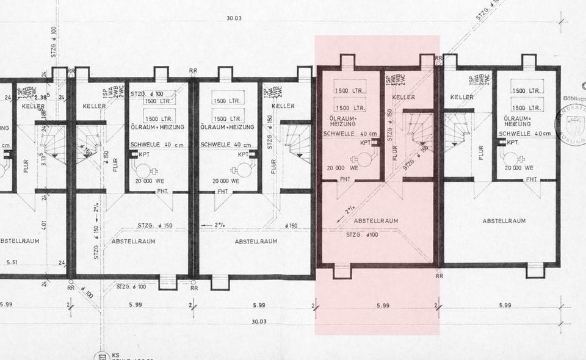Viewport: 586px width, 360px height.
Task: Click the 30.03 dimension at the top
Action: tap(234, 18)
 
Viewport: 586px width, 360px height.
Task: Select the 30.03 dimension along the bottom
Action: tap(259, 322)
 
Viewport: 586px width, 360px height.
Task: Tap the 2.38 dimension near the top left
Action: tap(42, 96)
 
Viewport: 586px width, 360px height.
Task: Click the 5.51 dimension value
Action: tap(12, 263)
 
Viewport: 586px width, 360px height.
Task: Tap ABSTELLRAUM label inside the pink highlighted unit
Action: tap(376, 221)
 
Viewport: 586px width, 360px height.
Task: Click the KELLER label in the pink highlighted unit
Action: tap(403, 98)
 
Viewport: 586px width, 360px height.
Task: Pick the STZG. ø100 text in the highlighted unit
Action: tap(363, 235)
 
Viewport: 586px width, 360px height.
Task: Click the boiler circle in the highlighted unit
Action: tap(365, 159)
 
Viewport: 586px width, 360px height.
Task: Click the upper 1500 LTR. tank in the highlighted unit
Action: tap(350, 90)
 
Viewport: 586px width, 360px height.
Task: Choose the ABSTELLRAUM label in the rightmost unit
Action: tap(504, 221)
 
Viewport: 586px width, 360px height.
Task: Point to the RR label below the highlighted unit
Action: tap(439, 276)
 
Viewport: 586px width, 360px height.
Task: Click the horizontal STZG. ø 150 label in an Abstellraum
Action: tap(157, 226)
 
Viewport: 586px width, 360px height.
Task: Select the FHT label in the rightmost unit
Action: tap(532, 179)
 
